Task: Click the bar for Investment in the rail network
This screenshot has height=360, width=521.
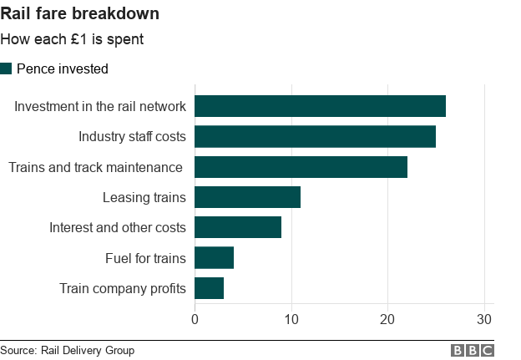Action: click(x=320, y=106)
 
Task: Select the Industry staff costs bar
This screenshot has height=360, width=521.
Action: click(x=315, y=136)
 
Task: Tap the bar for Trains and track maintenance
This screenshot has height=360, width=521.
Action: click(x=301, y=167)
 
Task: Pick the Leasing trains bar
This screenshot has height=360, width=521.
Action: click(x=247, y=197)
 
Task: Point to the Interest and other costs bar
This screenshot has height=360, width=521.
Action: click(x=238, y=227)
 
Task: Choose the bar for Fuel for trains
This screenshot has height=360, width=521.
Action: click(x=214, y=257)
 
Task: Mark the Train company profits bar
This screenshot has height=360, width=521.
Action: click(x=209, y=288)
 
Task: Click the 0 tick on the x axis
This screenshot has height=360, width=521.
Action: click(x=195, y=319)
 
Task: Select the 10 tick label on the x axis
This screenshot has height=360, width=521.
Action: click(x=291, y=319)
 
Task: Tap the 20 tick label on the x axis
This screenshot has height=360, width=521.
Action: click(x=387, y=319)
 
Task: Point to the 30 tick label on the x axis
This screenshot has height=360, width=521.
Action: click(x=483, y=319)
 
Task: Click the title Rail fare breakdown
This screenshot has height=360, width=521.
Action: click(x=80, y=14)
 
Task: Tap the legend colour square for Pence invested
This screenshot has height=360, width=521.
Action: click(x=7, y=68)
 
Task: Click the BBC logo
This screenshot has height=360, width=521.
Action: click(x=472, y=351)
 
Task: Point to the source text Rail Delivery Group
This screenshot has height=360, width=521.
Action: click(x=67, y=351)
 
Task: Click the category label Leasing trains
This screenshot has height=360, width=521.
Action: click(x=144, y=197)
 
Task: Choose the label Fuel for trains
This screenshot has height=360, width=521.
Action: click(x=145, y=258)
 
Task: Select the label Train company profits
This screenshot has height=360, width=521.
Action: click(x=123, y=288)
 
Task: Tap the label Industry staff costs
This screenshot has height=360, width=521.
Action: click(x=132, y=136)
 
